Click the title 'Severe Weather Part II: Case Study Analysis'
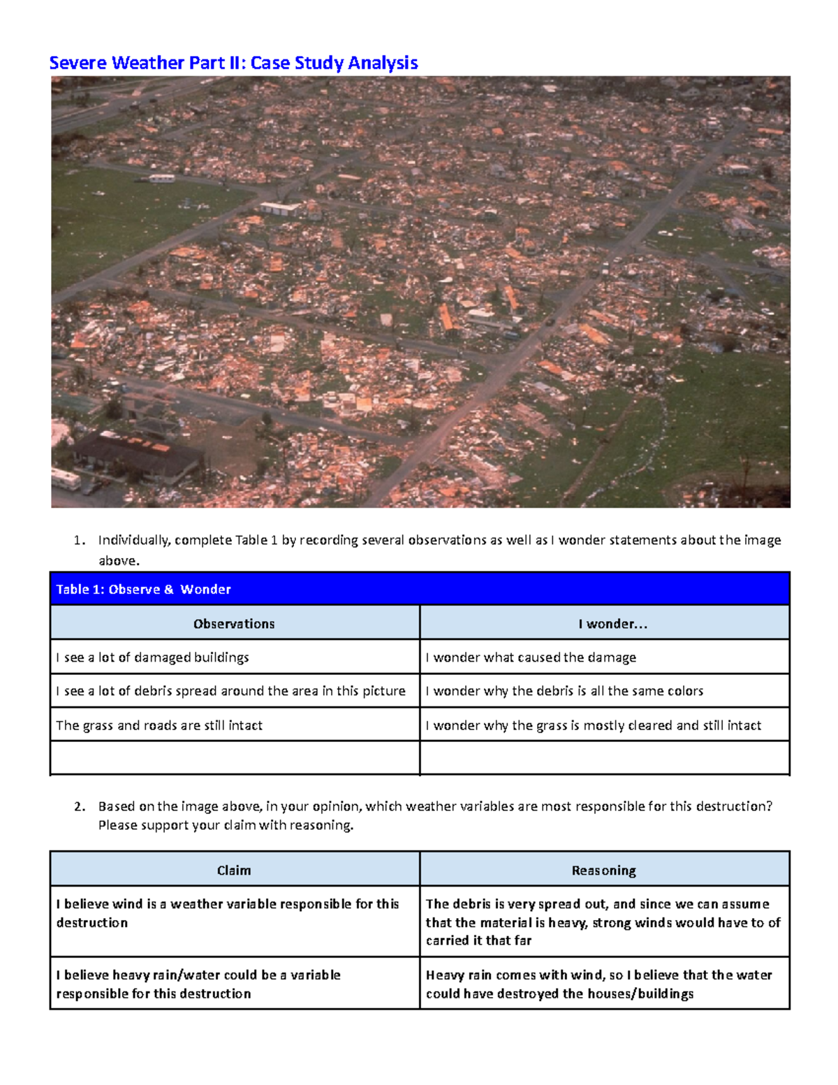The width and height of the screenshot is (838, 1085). pyautogui.click(x=233, y=63)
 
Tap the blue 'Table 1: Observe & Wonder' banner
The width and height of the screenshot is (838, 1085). pyautogui.click(x=419, y=589)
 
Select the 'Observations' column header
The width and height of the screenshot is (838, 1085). pyautogui.click(x=234, y=623)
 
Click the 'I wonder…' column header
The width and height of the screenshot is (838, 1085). pyautogui.click(x=605, y=623)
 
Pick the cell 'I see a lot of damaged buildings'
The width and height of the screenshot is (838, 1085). pyautogui.click(x=234, y=657)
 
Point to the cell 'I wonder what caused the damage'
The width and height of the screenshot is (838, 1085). pyautogui.click(x=605, y=657)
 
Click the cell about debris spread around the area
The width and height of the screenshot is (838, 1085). pyautogui.click(x=234, y=691)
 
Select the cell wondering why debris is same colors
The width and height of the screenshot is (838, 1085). pyautogui.click(x=605, y=691)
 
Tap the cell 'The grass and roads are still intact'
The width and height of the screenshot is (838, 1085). pyautogui.click(x=234, y=725)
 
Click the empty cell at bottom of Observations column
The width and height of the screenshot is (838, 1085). pyautogui.click(x=234, y=758)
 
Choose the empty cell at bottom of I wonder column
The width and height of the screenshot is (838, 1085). pyautogui.click(x=605, y=758)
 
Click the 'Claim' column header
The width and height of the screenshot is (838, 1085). pyautogui.click(x=234, y=870)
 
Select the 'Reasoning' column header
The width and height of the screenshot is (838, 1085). pyautogui.click(x=605, y=870)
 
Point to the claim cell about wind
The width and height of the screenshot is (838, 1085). pyautogui.click(x=234, y=921)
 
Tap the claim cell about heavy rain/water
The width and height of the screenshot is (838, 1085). pyautogui.click(x=234, y=984)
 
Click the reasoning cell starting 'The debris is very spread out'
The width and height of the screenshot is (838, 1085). pyautogui.click(x=605, y=922)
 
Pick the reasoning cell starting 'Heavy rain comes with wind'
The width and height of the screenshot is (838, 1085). pyautogui.click(x=605, y=984)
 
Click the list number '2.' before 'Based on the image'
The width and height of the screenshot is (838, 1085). pyautogui.click(x=80, y=806)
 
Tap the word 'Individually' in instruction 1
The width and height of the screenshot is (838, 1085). pyautogui.click(x=134, y=540)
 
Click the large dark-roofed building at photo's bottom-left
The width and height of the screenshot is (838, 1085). pyautogui.click(x=136, y=454)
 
